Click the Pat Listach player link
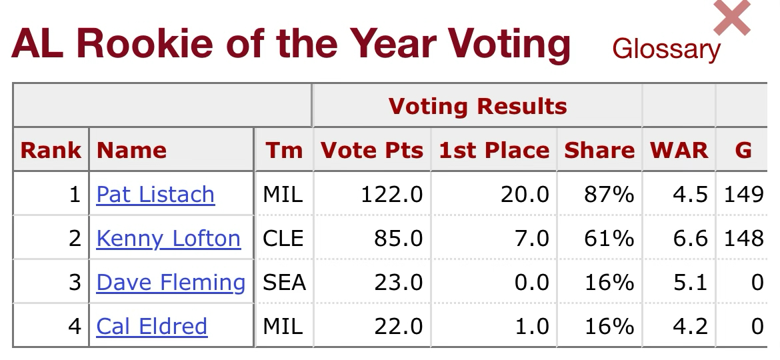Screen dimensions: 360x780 [155, 194]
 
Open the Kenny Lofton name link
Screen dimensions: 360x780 [168, 238]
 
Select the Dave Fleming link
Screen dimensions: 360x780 [171, 282]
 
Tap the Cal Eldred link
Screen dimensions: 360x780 [151, 326]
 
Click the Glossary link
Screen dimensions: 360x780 [666, 49]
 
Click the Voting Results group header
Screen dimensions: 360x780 [477, 106]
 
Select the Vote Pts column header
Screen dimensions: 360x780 [372, 150]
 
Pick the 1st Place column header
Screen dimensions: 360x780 [494, 150]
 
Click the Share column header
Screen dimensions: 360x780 [599, 150]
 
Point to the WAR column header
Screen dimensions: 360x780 [679, 150]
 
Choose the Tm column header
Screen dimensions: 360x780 [283, 150]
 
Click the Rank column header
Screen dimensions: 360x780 [51, 150]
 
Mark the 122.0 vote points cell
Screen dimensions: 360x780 [391, 194]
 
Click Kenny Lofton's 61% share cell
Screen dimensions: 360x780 [609, 238]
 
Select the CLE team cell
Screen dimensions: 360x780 [283, 238]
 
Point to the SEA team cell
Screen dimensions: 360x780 [285, 282]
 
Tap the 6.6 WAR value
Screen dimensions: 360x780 [690, 238]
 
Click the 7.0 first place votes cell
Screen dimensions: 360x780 [531, 238]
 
